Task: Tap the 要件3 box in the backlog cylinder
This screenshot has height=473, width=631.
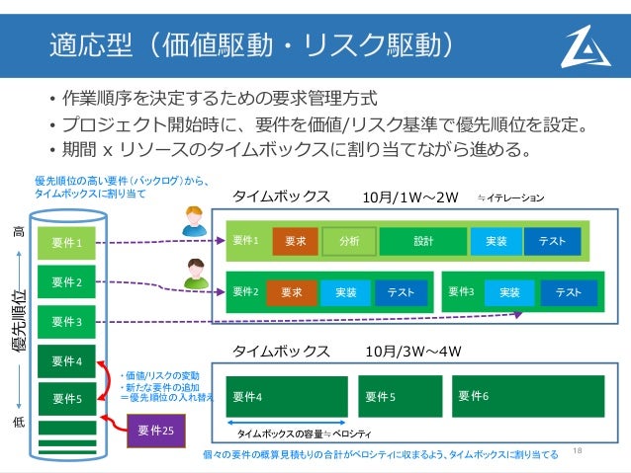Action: coord(66,321)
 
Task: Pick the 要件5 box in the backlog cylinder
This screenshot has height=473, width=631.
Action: coord(66,399)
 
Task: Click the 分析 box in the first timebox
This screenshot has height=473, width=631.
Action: coord(348,240)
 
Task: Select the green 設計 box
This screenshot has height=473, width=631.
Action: coord(423,240)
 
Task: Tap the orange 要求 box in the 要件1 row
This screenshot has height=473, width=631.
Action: coord(295,240)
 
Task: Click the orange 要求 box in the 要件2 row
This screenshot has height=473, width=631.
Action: coord(291,292)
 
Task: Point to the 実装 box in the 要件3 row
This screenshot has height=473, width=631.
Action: coord(509,292)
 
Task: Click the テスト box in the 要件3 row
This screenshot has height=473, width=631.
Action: coord(569,292)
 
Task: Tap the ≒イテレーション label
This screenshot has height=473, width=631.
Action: coord(510,197)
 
